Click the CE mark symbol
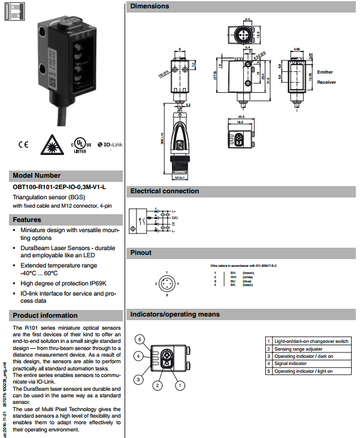(23, 144)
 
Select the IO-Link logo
(108, 145)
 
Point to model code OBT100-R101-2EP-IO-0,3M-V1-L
(59, 187)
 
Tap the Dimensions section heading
(150, 6)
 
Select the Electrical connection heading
(165, 191)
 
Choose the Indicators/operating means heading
(175, 314)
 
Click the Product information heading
(46, 315)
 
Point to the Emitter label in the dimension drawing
(325, 71)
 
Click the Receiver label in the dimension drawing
(326, 82)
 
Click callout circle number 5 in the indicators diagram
(139, 340)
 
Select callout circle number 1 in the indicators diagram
(179, 387)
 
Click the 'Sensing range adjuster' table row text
(298, 349)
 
